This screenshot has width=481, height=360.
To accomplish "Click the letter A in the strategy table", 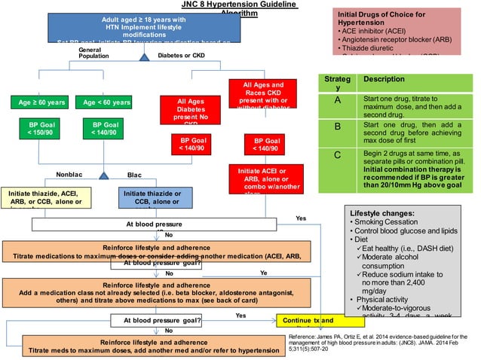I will click(x=337, y=100).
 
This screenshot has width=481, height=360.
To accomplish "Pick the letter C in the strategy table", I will click(x=337, y=156).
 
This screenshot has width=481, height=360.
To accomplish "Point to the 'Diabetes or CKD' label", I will click(x=181, y=55).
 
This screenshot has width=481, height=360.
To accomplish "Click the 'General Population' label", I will click(x=94, y=53).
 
